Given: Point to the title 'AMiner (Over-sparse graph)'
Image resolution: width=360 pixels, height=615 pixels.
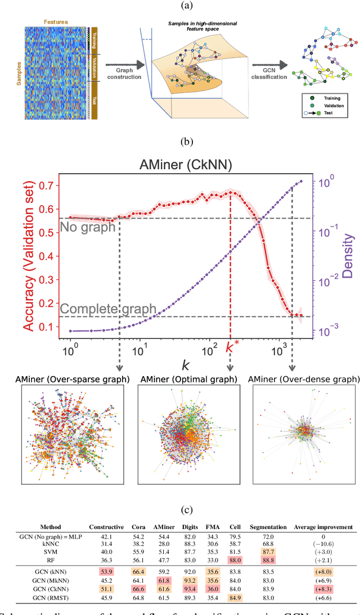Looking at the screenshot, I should point(71,379).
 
